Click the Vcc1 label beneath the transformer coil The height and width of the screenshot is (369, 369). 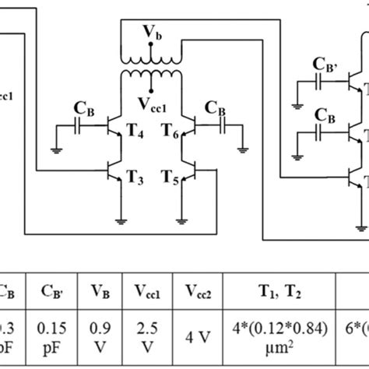pos(151,104)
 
